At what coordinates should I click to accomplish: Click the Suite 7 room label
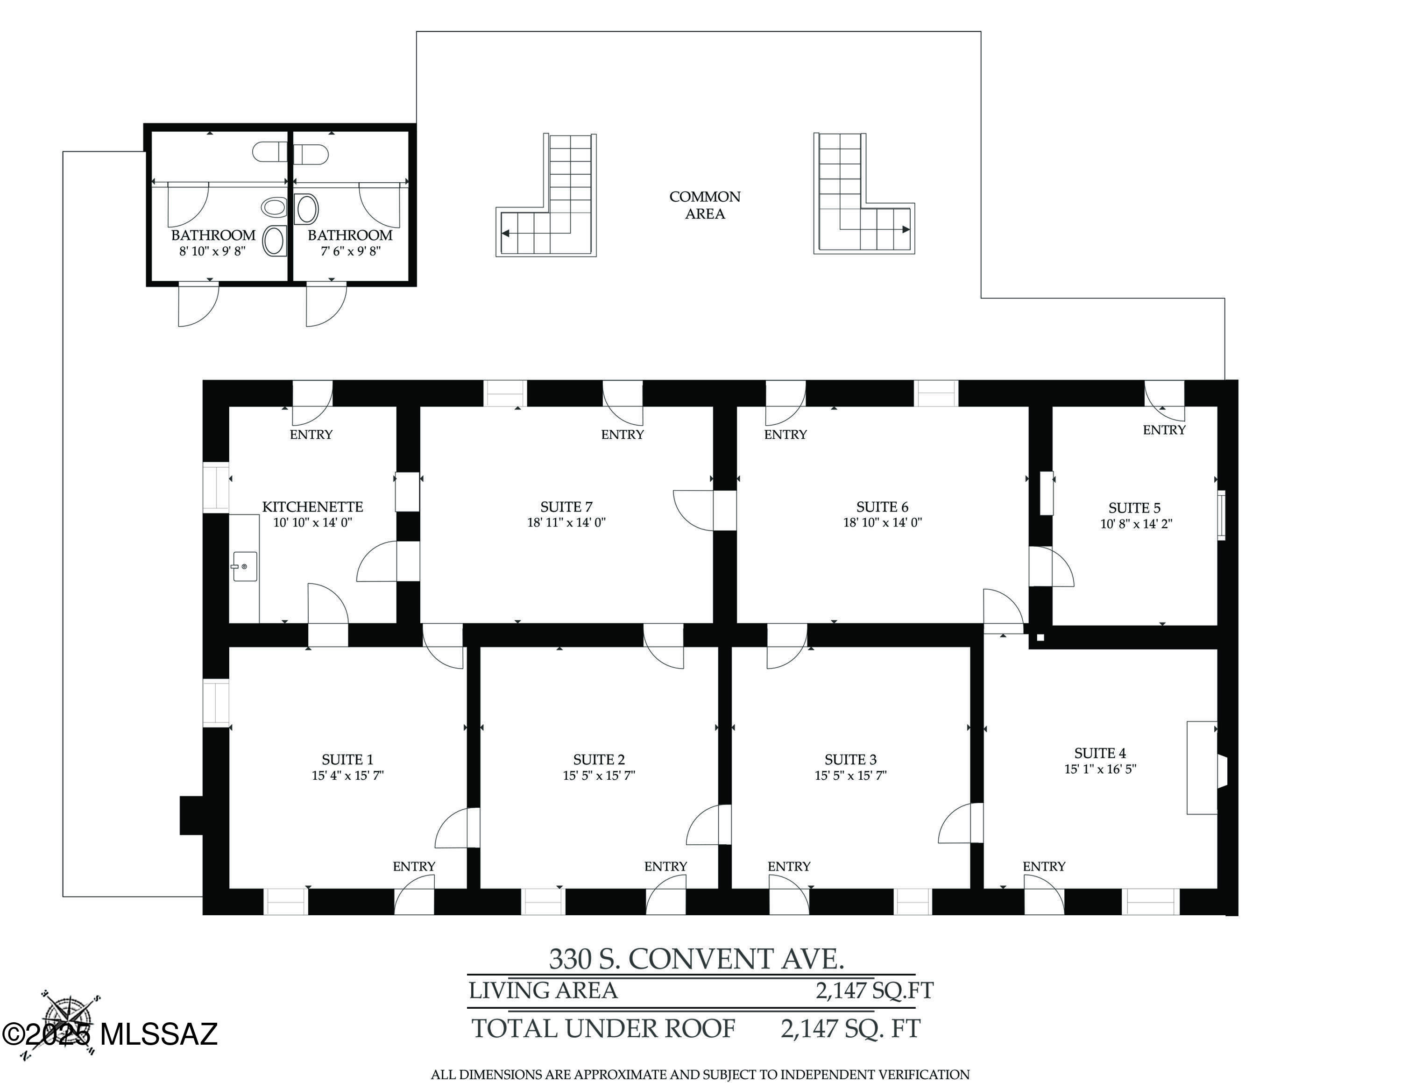pos(566,507)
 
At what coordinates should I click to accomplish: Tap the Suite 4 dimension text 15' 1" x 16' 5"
pos(1100,769)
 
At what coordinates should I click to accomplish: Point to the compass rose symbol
pos(67,1023)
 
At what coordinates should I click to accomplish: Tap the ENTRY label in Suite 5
pos(1164,430)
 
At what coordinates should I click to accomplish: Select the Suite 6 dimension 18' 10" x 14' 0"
pos(882,522)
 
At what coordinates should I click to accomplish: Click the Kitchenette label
pos(312,507)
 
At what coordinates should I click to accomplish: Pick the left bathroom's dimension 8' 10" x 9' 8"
pos(212,251)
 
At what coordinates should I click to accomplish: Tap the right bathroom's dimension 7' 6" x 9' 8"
pos(350,251)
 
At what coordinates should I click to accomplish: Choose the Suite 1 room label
pos(347,760)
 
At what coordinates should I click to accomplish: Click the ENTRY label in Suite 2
pos(665,866)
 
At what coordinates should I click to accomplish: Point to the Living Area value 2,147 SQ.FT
pos(874,990)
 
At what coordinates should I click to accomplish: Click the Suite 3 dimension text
pos(850,775)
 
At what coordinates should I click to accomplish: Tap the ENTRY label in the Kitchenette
pos(311,435)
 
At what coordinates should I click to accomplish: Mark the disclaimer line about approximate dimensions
pos(700,1074)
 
